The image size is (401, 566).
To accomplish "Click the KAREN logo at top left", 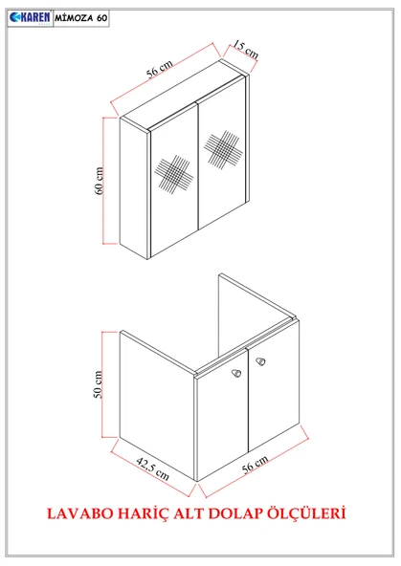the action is point(31,18).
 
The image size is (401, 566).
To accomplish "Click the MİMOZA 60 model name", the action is point(81,18).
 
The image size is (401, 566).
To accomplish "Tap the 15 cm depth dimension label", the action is point(245,49).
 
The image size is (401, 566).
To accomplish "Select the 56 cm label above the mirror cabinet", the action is point(159,69).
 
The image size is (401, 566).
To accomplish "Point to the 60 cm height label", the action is point(99,181).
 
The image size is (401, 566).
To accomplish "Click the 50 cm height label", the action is point(99,384).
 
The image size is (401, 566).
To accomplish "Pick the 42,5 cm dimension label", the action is point(153,468).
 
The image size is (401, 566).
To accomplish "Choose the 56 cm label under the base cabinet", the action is point(255,464).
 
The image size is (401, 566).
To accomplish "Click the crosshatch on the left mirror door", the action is point(173,174).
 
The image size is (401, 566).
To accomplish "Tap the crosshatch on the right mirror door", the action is point(223,149).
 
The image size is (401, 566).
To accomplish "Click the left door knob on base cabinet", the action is point(236,373).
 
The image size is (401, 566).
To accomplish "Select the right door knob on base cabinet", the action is point(260,361).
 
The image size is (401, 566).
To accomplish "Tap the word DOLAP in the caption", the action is point(235,512).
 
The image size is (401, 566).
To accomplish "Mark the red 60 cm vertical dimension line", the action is point(103,181).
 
